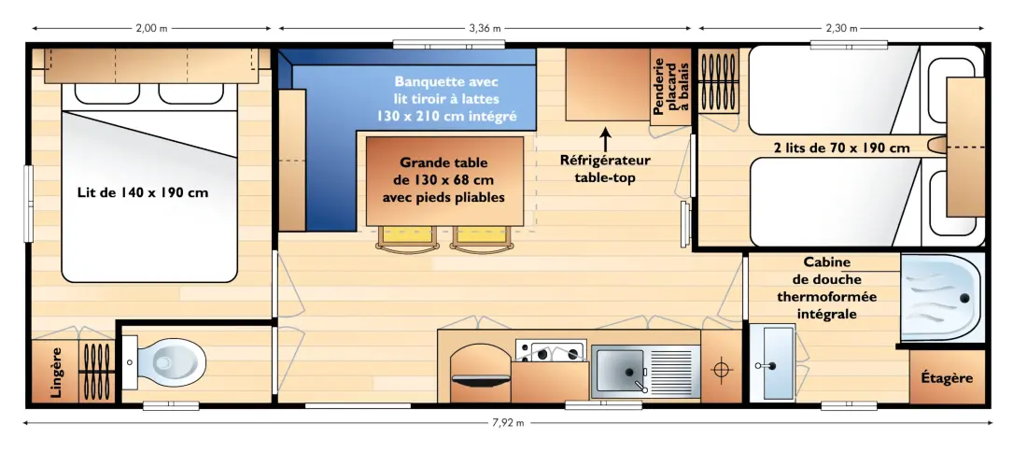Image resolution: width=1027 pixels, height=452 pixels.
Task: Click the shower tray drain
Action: click(964, 298)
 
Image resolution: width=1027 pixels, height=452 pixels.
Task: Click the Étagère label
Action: click(947, 378)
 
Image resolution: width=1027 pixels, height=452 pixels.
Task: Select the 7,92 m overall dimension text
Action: click(507, 423)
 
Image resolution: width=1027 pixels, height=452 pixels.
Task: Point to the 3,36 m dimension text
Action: click(485, 28)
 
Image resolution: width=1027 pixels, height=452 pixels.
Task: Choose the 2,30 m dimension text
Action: click(841, 28)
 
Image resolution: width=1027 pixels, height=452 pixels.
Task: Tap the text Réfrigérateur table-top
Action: click(605, 168)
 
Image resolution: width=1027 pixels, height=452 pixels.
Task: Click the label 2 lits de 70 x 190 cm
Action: click(840, 148)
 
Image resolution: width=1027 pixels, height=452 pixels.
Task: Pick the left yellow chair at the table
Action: click(407, 238)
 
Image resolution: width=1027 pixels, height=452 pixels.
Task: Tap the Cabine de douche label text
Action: click(826, 289)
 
